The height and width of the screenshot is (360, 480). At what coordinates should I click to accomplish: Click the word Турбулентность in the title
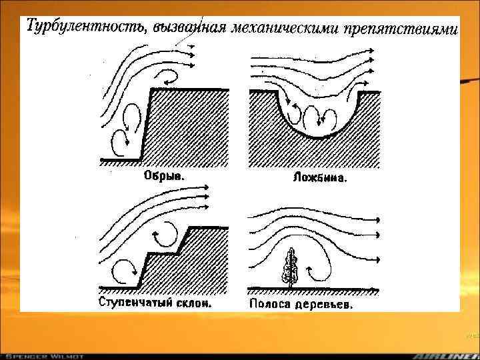[x=87, y=27]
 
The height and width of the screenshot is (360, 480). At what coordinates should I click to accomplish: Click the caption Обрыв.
[x=163, y=177]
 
